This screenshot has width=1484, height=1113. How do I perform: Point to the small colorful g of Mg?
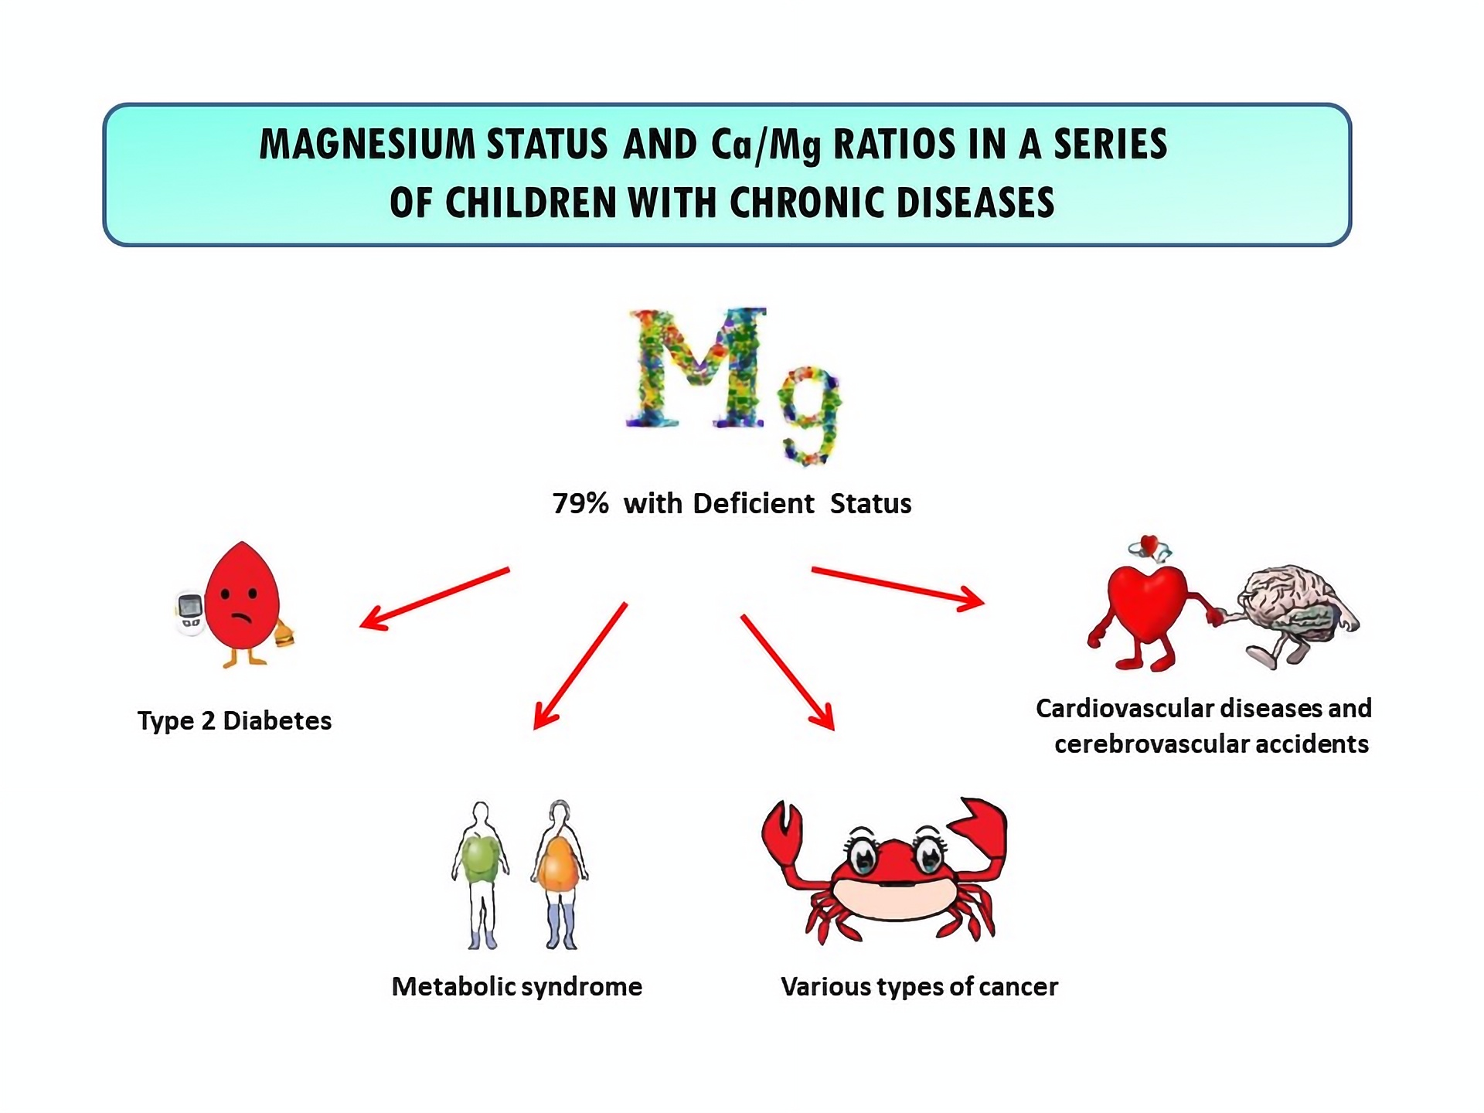(809, 414)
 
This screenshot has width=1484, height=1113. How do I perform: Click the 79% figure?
(580, 503)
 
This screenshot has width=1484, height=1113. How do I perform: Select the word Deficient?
(754, 503)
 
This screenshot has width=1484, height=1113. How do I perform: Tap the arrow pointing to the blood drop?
(435, 599)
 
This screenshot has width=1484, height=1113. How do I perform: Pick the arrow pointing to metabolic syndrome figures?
(580, 665)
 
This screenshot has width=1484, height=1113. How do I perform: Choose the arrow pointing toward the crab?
(788, 672)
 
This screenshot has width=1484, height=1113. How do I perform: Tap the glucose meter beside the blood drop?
(189, 613)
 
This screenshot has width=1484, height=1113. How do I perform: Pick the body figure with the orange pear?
(560, 874)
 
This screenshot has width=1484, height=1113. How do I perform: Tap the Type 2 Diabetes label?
(234, 720)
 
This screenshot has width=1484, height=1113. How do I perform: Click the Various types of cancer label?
(919, 986)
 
